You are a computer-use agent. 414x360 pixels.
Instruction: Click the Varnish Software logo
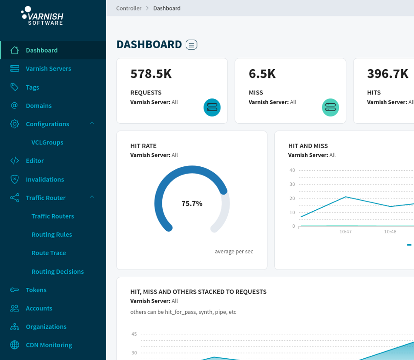pos(42,16)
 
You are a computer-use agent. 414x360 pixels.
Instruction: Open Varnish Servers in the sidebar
pos(48,68)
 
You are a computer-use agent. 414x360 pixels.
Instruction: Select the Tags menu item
pos(33,87)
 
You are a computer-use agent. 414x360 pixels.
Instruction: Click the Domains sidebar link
pos(39,105)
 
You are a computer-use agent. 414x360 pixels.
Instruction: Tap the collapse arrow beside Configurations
pos(92,124)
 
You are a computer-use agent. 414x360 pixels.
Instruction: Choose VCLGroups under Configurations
pos(47,142)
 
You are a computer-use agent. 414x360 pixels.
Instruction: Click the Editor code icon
pos(15,161)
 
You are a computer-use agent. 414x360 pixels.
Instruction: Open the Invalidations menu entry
pos(45,179)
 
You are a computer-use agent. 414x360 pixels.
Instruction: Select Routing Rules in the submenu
pos(52,234)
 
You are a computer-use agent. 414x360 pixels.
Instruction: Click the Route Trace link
pos(49,253)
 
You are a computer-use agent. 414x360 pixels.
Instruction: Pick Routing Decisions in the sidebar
pos(57,271)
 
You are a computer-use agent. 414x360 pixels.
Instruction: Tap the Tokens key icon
pos(15,290)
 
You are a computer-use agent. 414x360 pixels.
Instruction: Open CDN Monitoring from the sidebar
pos(49,345)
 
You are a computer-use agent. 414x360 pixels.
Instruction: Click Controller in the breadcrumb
pos(129,8)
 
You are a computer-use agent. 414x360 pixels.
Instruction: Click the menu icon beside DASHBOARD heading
pos(191,44)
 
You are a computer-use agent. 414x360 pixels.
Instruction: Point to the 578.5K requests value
pos(151,74)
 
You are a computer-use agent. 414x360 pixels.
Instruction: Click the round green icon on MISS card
pos(331,107)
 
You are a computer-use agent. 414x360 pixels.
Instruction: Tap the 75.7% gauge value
pos(192,203)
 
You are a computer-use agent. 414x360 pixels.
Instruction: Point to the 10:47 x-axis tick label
pos(346,232)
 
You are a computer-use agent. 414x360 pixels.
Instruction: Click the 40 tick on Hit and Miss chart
pos(292,170)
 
